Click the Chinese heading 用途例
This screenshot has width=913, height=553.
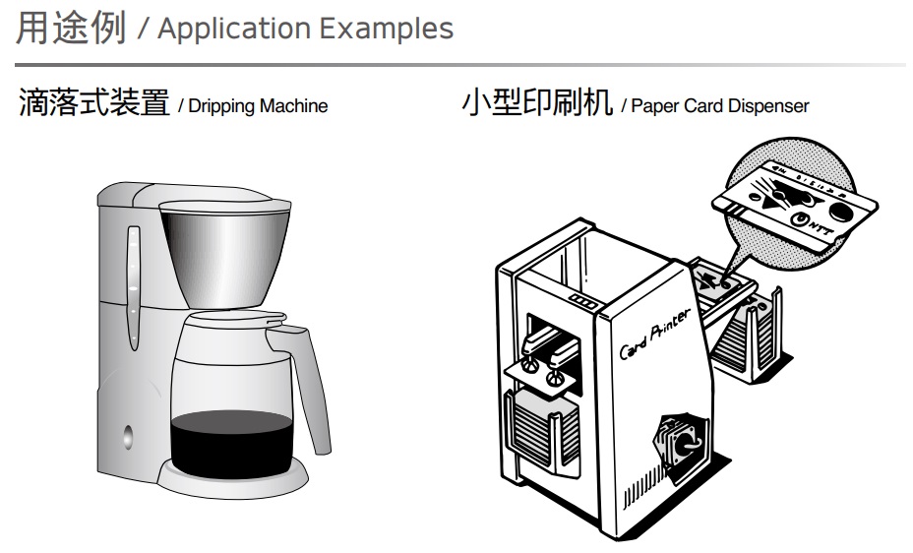[71, 28]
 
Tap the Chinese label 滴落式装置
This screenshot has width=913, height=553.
[93, 102]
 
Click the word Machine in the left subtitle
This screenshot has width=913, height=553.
[293, 105]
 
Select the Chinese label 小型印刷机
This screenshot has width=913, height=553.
[537, 102]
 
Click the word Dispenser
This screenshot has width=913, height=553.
[767, 105]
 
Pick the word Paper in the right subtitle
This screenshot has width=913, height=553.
[654, 105]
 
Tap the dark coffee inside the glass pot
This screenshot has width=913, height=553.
[231, 443]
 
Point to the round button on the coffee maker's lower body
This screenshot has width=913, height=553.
[127, 436]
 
